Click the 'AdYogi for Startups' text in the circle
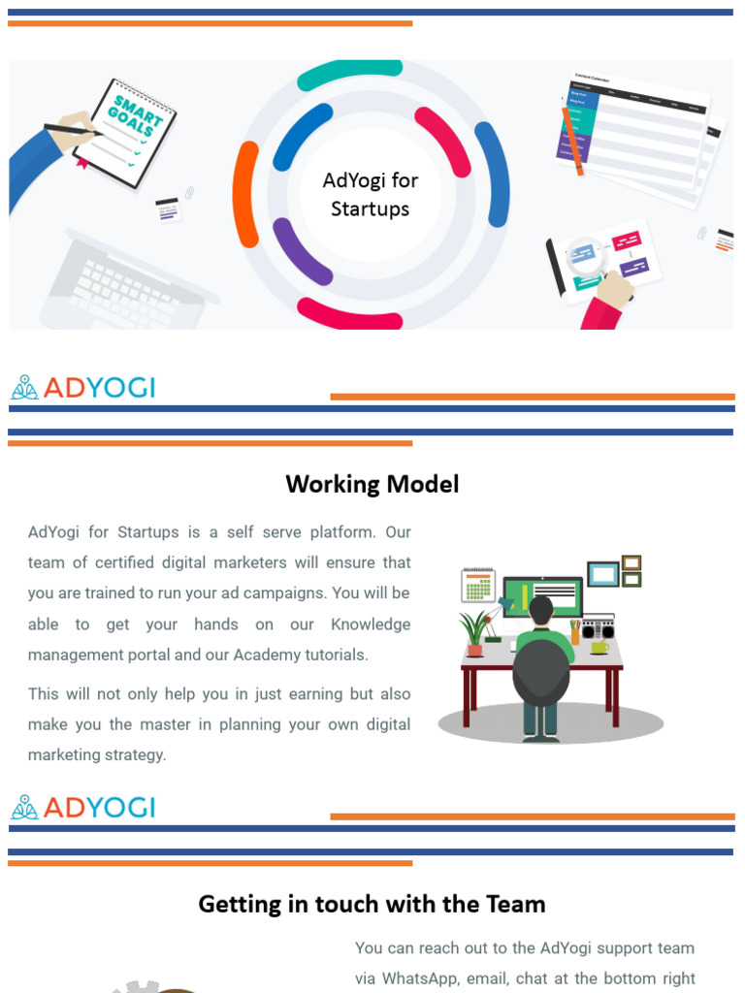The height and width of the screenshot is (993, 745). [370, 194]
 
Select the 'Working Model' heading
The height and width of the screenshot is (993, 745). [372, 484]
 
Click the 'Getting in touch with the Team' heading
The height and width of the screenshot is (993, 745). [372, 904]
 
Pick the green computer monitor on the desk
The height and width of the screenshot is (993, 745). [542, 593]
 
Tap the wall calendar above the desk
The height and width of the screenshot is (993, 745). [477, 585]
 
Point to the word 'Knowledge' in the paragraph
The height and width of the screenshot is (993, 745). [371, 624]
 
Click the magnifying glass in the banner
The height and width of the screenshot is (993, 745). [583, 255]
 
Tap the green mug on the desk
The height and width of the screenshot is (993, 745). [599, 647]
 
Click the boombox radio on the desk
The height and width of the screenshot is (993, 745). [598, 628]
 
